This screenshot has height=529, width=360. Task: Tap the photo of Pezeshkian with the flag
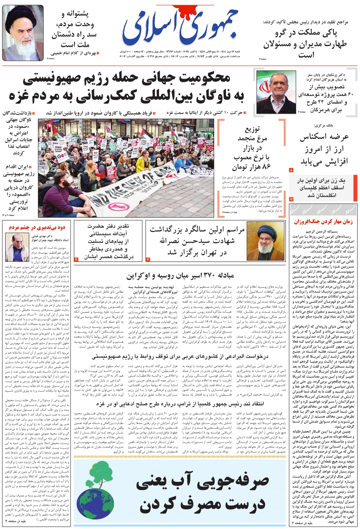pos(276,92)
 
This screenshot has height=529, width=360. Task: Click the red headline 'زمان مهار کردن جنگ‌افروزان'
pos(323,222)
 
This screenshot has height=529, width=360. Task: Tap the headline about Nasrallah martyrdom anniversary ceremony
pos(197,240)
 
